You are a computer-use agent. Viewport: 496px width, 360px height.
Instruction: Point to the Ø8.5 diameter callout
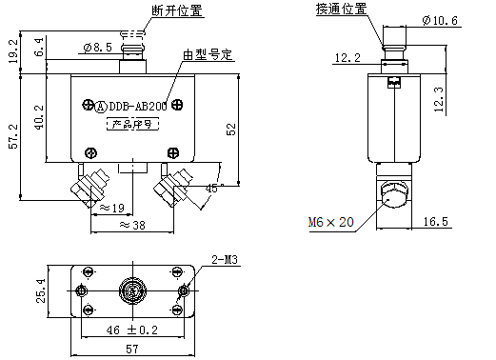click(98, 47)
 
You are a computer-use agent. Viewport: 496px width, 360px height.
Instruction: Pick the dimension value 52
click(229, 129)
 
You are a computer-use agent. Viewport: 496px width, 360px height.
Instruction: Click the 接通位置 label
click(341, 10)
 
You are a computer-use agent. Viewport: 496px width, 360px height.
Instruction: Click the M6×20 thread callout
click(330, 221)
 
